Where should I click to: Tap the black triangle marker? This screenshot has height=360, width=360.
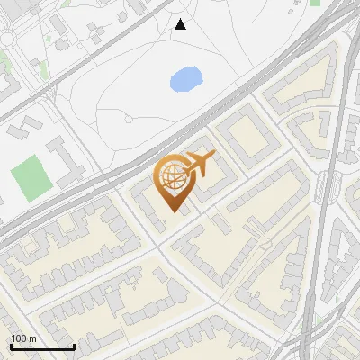coord(181,24)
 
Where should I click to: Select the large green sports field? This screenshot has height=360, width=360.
coord(30,176)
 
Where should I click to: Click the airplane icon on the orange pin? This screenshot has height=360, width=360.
coord(200,166)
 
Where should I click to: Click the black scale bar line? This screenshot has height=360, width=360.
coord(41,347)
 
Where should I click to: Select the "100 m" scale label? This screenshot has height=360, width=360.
coord(23,338)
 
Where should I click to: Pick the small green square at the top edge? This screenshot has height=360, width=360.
coord(315,3)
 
